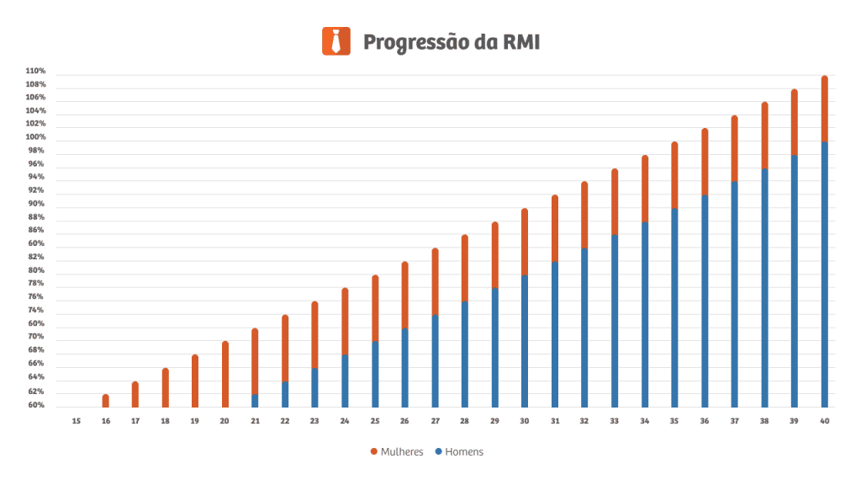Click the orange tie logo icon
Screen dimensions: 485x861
click(335, 41)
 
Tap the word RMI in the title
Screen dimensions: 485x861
click(519, 41)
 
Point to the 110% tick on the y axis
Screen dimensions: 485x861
click(35, 72)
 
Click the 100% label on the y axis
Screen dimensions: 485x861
click(35, 137)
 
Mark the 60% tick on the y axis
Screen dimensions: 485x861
click(35, 406)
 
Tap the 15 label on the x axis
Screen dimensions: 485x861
click(76, 421)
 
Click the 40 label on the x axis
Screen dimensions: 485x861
click(824, 421)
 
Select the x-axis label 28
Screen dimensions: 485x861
click(464, 421)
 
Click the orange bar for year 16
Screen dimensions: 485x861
click(106, 401)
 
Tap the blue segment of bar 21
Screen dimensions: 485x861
click(255, 401)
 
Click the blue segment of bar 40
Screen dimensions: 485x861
click(824, 274)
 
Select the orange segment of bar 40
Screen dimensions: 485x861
click(824, 109)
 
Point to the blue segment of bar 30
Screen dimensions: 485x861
click(525, 341)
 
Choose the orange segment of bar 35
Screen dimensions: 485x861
click(674, 176)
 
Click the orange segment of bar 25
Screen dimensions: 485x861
click(375, 309)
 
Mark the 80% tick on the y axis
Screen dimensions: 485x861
click(35, 271)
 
